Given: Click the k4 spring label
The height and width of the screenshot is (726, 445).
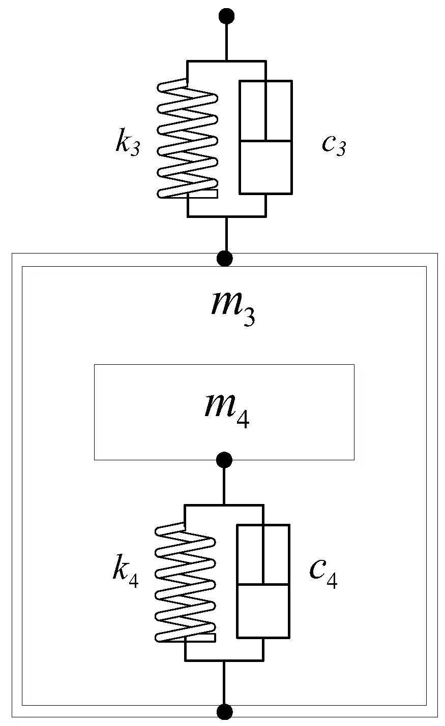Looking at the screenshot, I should [x=125, y=574].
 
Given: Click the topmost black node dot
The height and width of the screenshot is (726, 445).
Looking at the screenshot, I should [x=226, y=16].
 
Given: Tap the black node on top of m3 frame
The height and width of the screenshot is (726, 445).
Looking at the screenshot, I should [x=224, y=259].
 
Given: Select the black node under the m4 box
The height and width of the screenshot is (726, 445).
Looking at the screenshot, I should [x=224, y=460].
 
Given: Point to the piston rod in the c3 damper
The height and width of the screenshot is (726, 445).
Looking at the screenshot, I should [x=265, y=109].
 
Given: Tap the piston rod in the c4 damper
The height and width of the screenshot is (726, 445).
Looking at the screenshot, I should [x=263, y=554].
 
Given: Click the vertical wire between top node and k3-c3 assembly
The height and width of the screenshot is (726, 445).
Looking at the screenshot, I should [x=226, y=41].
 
